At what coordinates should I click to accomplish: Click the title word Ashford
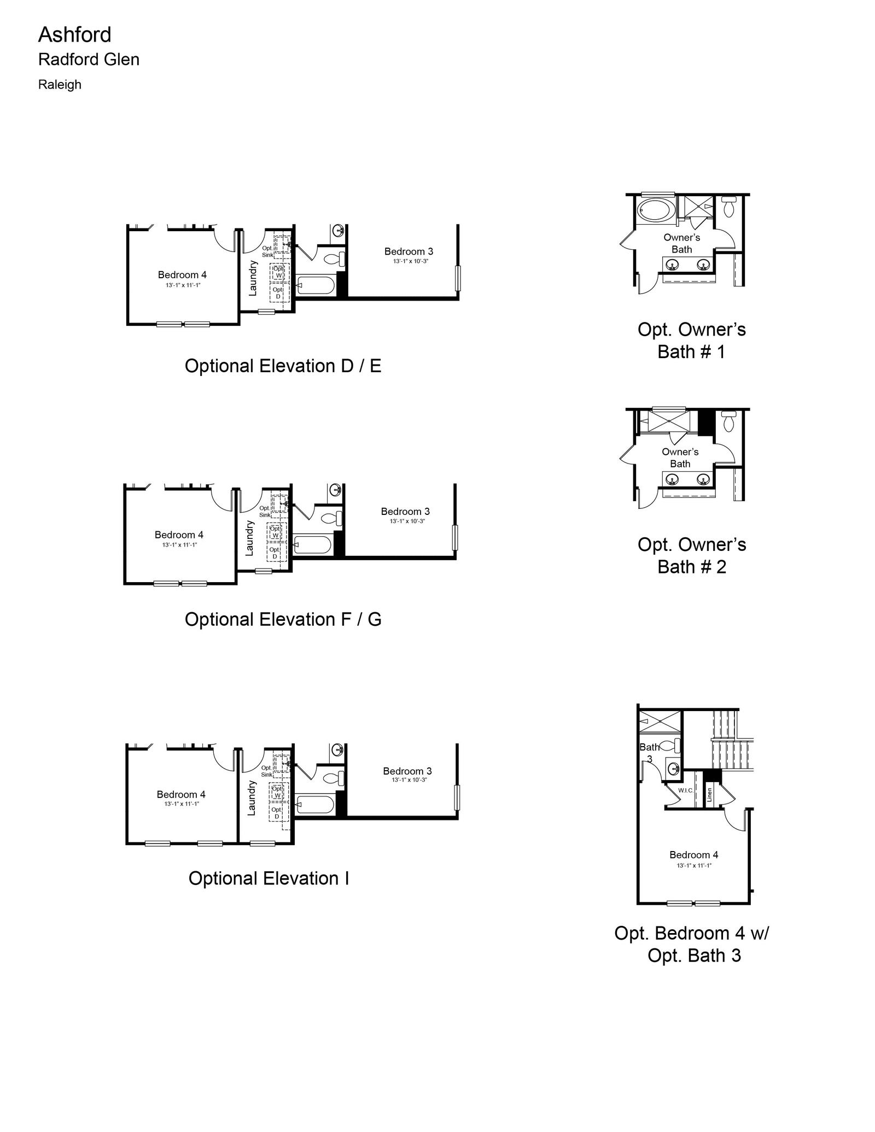74,35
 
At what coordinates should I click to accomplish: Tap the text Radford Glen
89,60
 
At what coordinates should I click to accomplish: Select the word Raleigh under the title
60,85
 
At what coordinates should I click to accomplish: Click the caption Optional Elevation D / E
283,366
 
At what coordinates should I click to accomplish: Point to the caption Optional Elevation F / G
283,619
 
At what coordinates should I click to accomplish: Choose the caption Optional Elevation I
269,878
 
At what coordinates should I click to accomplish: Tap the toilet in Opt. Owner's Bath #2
729,421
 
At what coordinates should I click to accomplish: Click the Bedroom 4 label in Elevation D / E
182,275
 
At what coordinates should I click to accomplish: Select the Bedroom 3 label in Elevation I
407,771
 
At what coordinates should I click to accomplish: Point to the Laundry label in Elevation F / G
249,538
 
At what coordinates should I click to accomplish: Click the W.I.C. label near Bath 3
686,790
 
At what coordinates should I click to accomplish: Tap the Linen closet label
709,794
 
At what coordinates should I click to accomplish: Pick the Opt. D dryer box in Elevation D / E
278,293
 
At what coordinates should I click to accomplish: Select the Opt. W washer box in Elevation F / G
276,532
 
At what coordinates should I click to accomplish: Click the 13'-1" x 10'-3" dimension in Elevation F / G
407,521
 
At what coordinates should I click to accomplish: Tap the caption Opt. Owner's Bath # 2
692,555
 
